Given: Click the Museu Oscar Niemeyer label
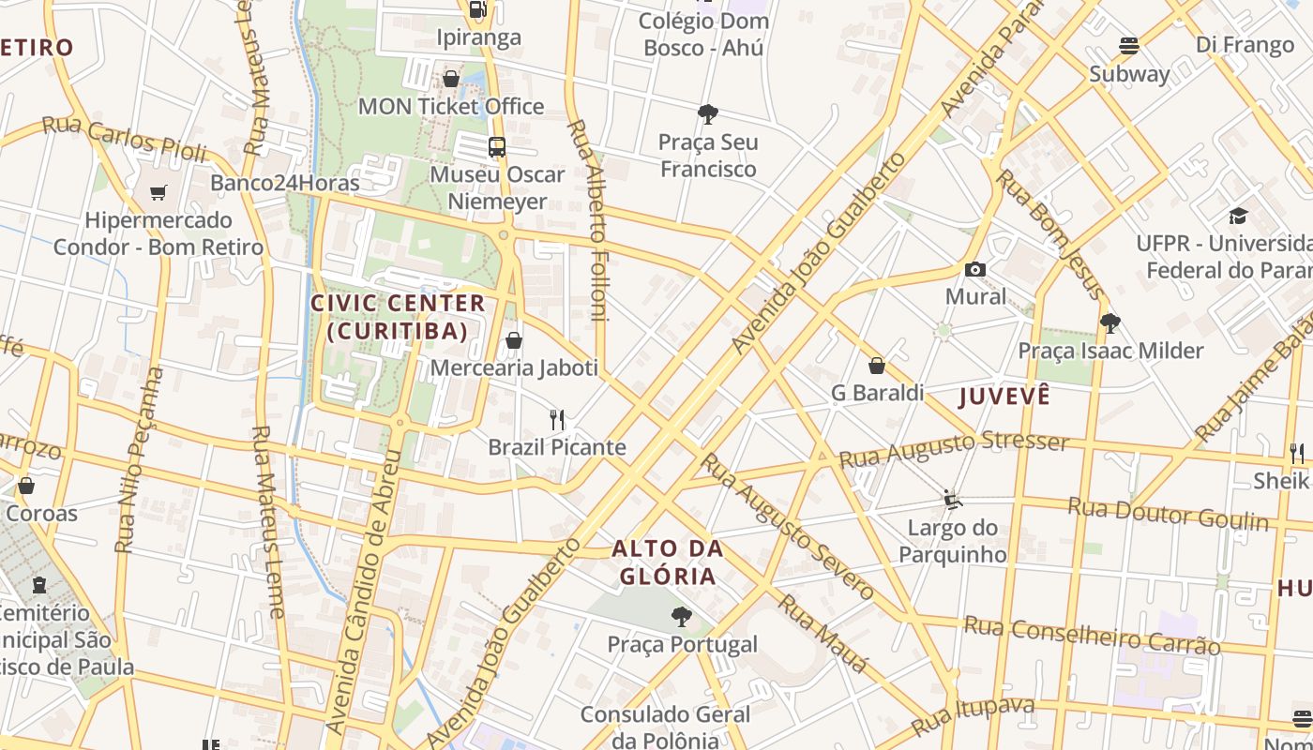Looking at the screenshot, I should [497, 187].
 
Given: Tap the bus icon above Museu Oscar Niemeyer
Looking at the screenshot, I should [497, 147].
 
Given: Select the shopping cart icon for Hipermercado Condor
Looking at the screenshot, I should [158, 192].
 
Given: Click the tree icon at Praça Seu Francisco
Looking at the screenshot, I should [708, 114].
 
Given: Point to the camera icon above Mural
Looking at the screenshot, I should [975, 270].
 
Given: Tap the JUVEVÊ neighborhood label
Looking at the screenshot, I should [1004, 397].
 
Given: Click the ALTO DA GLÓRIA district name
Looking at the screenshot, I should [669, 562].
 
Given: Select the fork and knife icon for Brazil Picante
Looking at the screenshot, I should [558, 419].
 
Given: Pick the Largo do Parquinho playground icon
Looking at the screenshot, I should [953, 500].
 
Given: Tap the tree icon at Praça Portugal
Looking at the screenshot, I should [682, 617].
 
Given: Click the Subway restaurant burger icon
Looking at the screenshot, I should [1129, 46].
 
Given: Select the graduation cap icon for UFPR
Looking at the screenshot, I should [1238, 217].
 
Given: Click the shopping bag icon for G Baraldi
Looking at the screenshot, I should [877, 366].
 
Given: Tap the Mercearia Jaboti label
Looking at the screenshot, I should [514, 367].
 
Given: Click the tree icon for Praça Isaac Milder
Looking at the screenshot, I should [1110, 323].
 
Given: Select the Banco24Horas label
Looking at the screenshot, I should [284, 183].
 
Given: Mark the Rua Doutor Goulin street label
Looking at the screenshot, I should [1168, 514].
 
